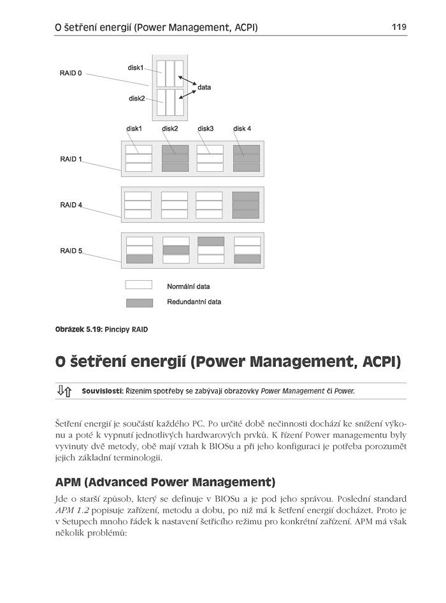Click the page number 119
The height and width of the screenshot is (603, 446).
[x=399, y=27]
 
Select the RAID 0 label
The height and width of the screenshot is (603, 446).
[x=71, y=73]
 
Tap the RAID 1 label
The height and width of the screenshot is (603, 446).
[x=71, y=159]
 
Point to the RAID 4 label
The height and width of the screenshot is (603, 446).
[x=71, y=205]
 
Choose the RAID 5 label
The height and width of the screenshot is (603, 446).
[x=71, y=251]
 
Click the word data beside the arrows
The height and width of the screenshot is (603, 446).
[x=204, y=87]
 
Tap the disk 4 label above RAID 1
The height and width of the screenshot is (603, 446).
[x=242, y=129]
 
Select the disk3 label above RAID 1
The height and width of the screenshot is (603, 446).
[x=205, y=129]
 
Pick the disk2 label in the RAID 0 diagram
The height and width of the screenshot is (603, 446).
[x=136, y=98]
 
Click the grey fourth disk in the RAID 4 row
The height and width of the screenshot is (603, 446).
[x=246, y=205]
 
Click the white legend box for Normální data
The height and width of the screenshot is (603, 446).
[x=138, y=285]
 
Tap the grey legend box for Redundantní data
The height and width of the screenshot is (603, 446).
[x=138, y=302]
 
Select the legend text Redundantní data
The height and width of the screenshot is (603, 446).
[x=194, y=302]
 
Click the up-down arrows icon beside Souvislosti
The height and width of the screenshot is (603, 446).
[x=64, y=390]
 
